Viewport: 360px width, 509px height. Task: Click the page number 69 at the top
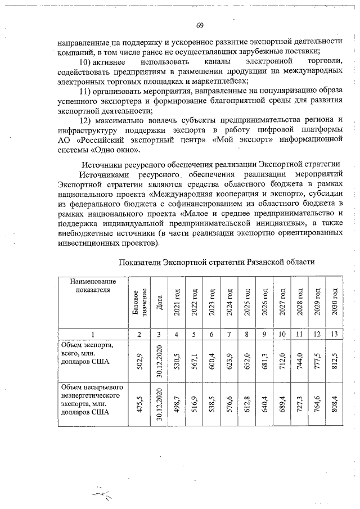pos(200,25)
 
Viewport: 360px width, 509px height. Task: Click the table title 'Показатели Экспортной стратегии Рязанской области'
pos(217,262)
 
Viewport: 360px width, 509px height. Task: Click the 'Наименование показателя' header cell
pos(93,285)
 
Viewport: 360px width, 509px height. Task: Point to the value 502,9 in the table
pos(138,359)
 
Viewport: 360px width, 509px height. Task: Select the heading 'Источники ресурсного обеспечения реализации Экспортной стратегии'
pos(212,164)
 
